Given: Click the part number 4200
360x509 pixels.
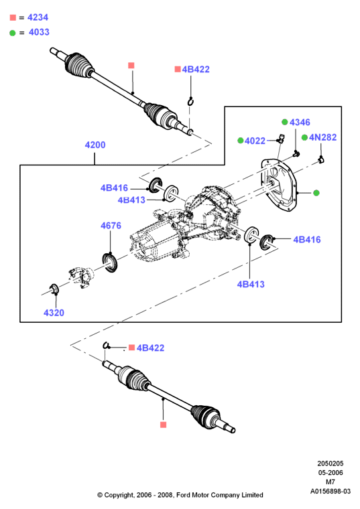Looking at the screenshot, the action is (x=95, y=145).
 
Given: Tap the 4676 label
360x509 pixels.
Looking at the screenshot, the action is (x=111, y=226).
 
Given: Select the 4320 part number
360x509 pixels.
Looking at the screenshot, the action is (x=54, y=313).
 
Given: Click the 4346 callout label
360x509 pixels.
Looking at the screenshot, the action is (x=300, y=122).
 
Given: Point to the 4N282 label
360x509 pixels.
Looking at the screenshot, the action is (x=322, y=137).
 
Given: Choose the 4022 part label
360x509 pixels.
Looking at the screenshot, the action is (x=255, y=141).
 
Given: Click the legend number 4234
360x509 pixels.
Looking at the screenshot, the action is (x=38, y=17).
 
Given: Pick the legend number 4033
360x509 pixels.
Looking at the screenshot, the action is (x=39, y=32).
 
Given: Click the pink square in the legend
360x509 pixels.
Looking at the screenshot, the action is (x=13, y=17).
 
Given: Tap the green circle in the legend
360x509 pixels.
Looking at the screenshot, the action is (x=13, y=33).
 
